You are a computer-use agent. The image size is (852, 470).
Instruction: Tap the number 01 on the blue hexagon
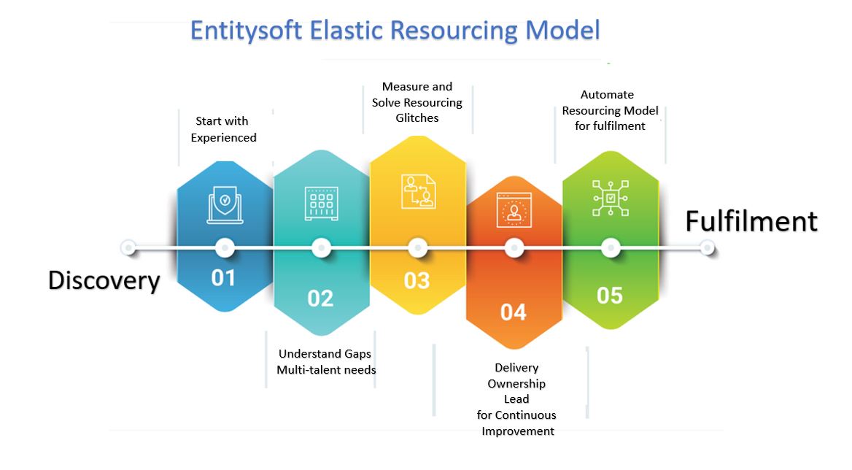223,278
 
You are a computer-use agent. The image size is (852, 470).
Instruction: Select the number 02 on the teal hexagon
320,298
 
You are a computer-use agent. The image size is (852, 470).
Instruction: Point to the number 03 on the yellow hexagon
417,280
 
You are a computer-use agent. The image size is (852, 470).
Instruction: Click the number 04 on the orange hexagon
513,312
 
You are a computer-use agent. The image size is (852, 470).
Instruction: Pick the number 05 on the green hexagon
610,295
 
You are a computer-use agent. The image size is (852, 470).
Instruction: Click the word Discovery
104,280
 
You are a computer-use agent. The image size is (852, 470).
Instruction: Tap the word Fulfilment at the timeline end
751,221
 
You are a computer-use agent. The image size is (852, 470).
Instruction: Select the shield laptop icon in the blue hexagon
225,203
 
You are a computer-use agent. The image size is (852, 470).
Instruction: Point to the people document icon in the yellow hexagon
418,190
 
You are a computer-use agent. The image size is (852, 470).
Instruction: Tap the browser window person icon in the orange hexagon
514,209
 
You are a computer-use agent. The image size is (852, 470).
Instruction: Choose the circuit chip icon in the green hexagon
611,198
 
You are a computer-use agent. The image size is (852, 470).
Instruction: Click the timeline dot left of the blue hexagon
129,248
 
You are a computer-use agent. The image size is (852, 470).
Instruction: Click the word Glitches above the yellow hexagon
417,117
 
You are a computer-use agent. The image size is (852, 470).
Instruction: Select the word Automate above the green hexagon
607,94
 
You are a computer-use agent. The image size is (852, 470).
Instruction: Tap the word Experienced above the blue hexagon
223,137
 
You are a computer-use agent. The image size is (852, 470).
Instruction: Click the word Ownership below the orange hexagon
516,383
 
